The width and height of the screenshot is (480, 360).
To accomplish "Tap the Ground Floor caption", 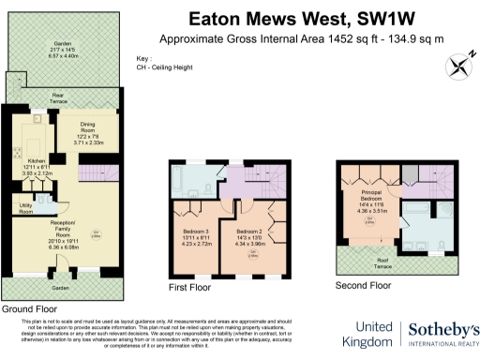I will point(30,307).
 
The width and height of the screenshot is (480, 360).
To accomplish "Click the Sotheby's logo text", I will point(443,328).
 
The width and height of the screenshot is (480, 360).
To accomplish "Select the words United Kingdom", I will point(368,335).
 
